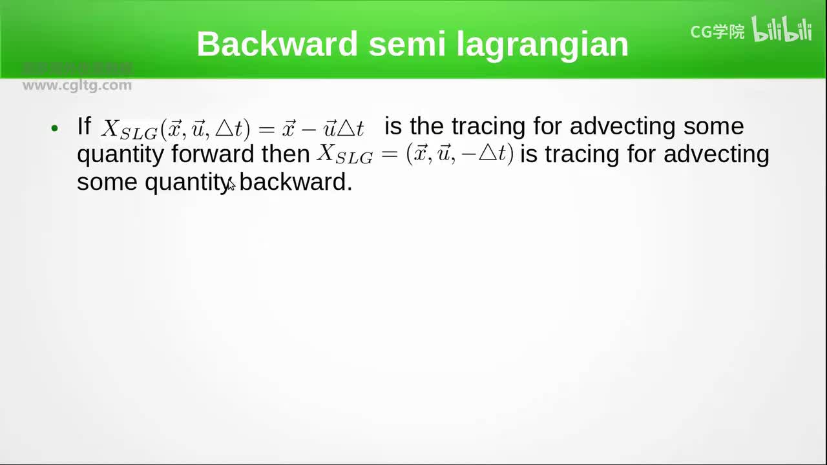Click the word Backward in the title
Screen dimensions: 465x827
tap(277, 45)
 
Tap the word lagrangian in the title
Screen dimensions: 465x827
tap(542, 45)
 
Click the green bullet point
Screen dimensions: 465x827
tap(55, 127)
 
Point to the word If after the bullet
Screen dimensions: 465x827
tap(84, 126)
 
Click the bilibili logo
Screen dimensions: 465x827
tap(782, 30)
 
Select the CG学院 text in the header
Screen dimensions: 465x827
tap(717, 32)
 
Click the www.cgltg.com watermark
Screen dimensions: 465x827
tap(77, 85)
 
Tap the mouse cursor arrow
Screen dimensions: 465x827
tap(231, 185)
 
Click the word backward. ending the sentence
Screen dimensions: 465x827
tap(296, 182)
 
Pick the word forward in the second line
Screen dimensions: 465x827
tap(213, 154)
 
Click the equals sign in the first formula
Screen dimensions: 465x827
tap(266, 129)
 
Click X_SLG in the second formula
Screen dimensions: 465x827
tap(344, 155)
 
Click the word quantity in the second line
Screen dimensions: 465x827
tap(120, 155)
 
